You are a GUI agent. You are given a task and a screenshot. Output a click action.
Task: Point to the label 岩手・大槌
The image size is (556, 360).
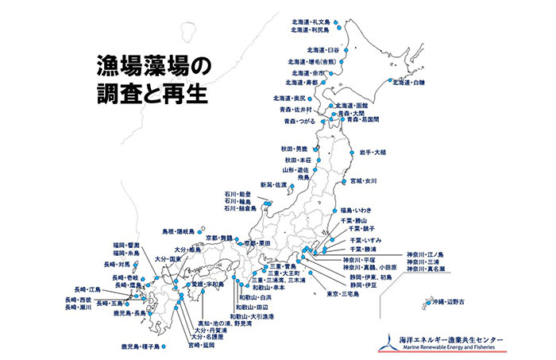pyautogui.click(x=368, y=153)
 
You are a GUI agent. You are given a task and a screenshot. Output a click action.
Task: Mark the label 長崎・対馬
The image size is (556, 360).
pyautogui.click(x=121, y=264)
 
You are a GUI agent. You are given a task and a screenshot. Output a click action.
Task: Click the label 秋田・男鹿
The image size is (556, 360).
pyautogui.click(x=293, y=149)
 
